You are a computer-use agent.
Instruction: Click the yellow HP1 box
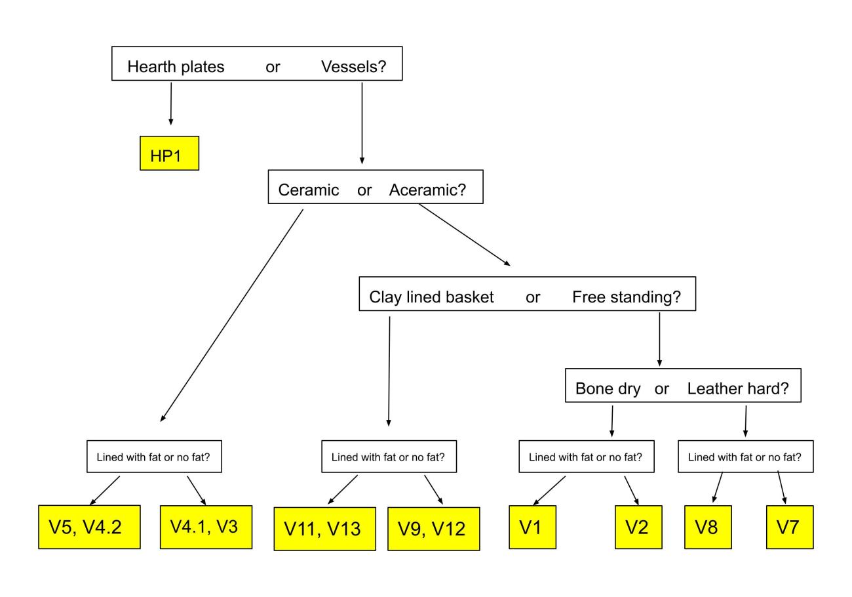(x=169, y=153)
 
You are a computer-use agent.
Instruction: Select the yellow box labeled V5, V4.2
(x=89, y=527)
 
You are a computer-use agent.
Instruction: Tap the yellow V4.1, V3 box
(x=206, y=527)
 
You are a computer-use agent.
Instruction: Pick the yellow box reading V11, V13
(x=325, y=529)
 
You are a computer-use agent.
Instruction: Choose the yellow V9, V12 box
(x=434, y=529)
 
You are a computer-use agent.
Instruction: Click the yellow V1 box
(x=532, y=527)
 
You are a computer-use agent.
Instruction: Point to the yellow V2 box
(x=638, y=527)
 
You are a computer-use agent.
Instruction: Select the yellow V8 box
(x=708, y=527)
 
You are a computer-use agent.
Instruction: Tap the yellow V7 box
(x=790, y=527)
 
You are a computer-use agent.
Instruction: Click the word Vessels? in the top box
(x=353, y=67)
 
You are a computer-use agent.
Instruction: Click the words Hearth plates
(x=176, y=67)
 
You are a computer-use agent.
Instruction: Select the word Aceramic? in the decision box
(x=427, y=190)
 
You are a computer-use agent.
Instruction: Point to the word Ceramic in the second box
(x=309, y=190)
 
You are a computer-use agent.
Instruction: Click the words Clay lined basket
(x=431, y=297)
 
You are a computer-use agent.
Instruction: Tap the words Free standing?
(x=627, y=297)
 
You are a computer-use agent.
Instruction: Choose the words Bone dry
(x=608, y=389)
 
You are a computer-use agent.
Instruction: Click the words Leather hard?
(x=738, y=388)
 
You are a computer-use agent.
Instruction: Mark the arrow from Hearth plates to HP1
(x=171, y=104)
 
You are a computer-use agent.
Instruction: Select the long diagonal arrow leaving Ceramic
(x=231, y=316)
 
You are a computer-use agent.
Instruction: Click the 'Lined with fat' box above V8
(x=746, y=457)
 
